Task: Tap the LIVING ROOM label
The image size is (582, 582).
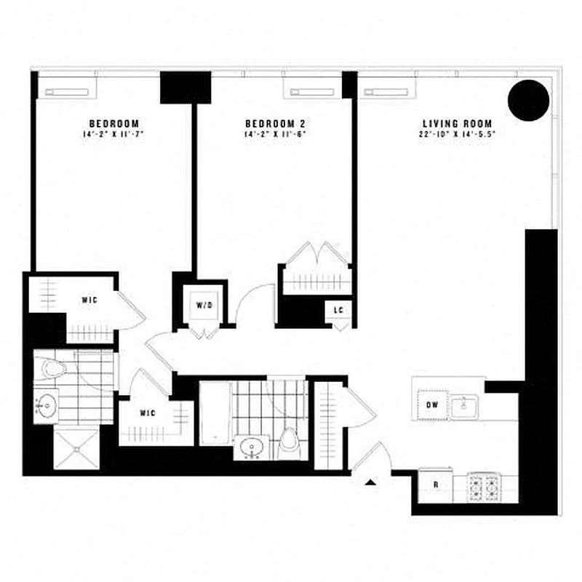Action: point(462,123)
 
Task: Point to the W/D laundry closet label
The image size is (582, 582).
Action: point(203,305)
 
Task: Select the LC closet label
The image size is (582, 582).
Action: point(339,310)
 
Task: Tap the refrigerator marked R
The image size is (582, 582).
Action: point(434,484)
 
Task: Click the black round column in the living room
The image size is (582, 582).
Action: point(527,100)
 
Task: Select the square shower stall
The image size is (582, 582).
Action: point(76,447)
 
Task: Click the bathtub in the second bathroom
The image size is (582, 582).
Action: point(215,412)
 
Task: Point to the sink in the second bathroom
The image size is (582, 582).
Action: point(251,445)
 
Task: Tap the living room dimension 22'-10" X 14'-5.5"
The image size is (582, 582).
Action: point(462,134)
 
